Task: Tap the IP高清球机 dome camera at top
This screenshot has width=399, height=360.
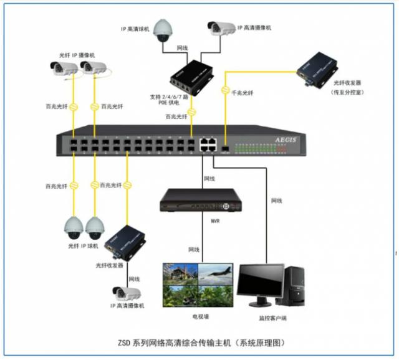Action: click(x=163, y=29)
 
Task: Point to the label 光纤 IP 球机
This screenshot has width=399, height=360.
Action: click(x=81, y=247)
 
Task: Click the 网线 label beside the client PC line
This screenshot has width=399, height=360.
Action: click(x=277, y=201)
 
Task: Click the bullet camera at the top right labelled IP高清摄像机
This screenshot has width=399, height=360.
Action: click(x=221, y=29)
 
